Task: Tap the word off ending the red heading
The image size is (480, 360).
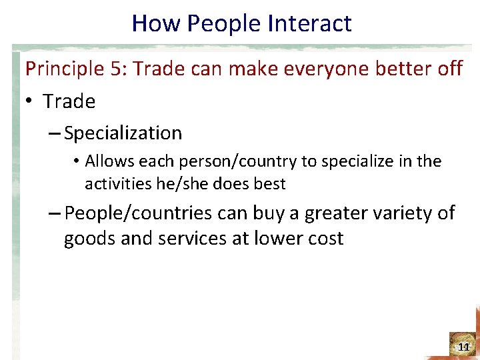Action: click(449, 69)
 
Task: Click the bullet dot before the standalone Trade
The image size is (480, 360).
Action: click(29, 102)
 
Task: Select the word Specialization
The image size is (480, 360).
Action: click(123, 133)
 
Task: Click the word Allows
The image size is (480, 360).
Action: click(110, 161)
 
